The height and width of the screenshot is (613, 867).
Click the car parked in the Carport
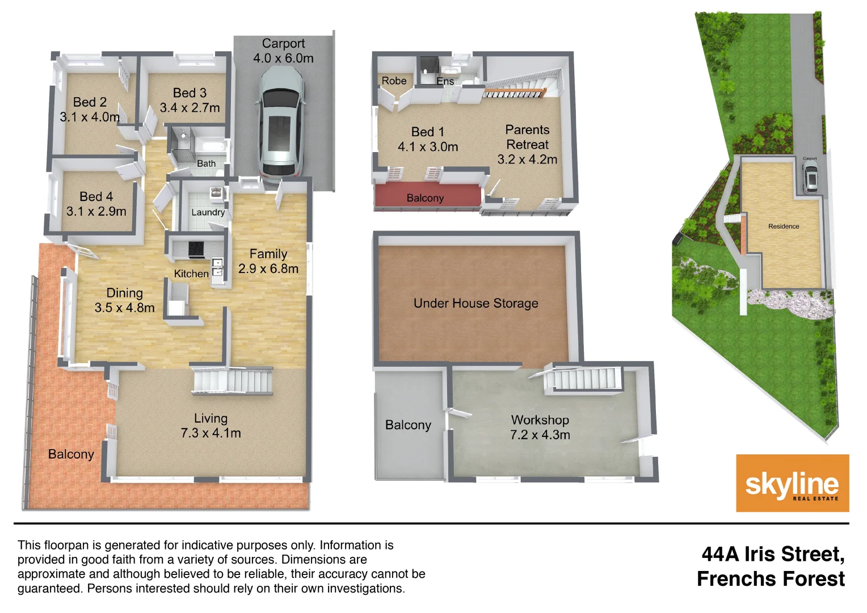click(x=281, y=121)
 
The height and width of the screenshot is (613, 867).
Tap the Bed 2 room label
click(x=90, y=102)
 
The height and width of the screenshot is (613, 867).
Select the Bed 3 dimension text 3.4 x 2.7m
click(x=190, y=108)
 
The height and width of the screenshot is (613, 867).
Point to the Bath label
click(x=206, y=163)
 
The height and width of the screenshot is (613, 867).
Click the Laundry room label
click(x=208, y=212)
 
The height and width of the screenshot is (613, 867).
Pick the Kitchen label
click(x=191, y=274)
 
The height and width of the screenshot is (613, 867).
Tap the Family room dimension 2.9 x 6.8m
click(x=268, y=269)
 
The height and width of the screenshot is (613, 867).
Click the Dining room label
click(x=124, y=293)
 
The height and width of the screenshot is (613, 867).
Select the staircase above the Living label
click(x=232, y=380)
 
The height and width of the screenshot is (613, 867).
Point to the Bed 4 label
click(x=96, y=196)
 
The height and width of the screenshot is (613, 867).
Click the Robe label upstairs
click(x=394, y=81)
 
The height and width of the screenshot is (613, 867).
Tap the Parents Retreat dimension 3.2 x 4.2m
click(x=527, y=159)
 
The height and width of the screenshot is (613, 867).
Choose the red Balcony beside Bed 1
click(x=425, y=198)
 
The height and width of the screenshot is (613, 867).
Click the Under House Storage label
click(x=475, y=303)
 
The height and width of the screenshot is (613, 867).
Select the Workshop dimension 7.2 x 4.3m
click(x=540, y=435)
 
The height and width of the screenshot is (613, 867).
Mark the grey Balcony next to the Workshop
click(x=408, y=425)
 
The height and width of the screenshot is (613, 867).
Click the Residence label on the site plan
click(x=784, y=226)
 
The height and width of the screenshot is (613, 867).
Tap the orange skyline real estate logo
click(x=792, y=483)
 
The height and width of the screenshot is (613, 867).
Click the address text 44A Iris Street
click(x=773, y=554)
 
